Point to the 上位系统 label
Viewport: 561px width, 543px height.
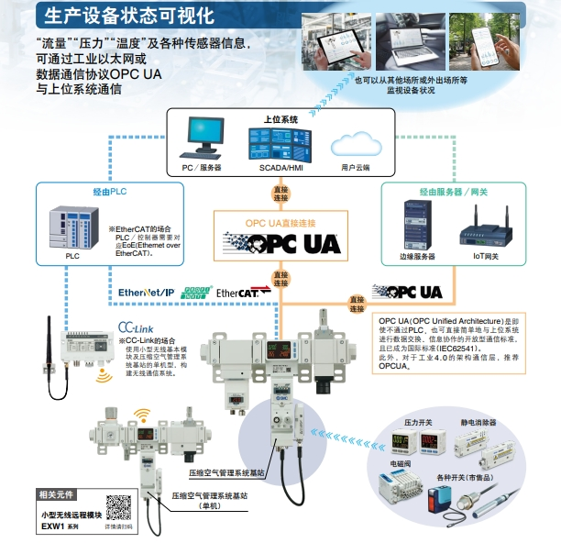(281, 119)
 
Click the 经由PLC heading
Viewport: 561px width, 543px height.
(109, 192)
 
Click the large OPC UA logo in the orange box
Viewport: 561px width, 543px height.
(281, 242)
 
